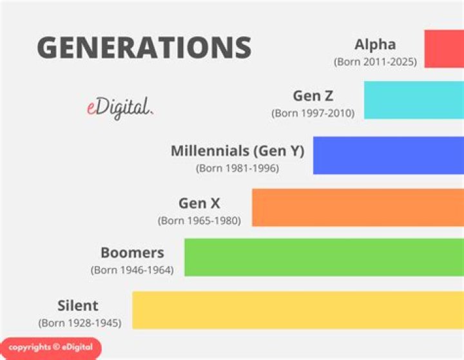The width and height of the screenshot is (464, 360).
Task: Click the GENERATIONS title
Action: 144,48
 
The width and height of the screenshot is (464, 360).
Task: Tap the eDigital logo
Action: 120,107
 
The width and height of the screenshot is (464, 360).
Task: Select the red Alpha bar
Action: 443,48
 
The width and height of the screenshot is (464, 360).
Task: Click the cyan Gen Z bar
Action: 413,100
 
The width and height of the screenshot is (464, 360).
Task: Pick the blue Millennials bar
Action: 388,155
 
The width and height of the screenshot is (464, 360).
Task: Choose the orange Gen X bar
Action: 357,207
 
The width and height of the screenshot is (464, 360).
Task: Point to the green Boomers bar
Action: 324,257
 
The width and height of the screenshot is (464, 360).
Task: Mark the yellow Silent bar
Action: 297,310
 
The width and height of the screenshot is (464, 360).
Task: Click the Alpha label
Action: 375,45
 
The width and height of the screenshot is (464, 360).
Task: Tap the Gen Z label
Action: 313,96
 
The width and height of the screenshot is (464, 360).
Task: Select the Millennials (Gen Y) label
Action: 237,151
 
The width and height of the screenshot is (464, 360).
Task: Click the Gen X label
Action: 199,204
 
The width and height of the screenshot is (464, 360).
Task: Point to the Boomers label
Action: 132,252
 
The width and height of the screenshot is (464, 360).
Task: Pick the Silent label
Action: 78,305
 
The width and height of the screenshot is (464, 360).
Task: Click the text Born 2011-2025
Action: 375,62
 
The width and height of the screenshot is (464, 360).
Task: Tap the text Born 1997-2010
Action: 313,113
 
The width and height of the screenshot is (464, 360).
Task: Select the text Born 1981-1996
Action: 237,169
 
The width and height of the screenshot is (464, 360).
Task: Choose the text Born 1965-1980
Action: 199,221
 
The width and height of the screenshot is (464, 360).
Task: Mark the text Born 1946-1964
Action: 132,270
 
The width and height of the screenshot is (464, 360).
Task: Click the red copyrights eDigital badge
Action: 50,348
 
